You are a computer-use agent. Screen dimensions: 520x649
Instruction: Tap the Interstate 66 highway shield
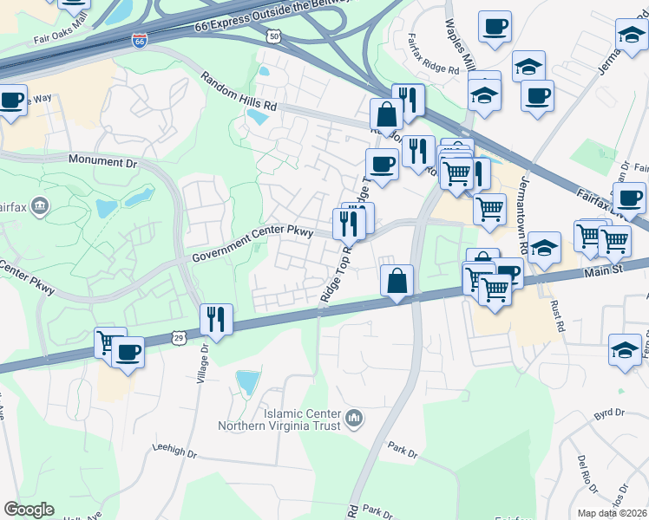[x=140, y=40]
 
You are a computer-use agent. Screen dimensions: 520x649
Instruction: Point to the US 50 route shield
[x=274, y=36]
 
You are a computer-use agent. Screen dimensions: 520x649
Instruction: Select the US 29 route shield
[x=177, y=334]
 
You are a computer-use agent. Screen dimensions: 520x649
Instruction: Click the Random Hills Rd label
[x=238, y=91]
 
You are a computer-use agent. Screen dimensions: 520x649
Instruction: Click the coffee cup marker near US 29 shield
[x=128, y=353]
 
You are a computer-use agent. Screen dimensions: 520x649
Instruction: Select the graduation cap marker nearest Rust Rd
[x=544, y=248]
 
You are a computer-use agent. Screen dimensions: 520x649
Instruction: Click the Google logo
[x=29, y=510]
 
